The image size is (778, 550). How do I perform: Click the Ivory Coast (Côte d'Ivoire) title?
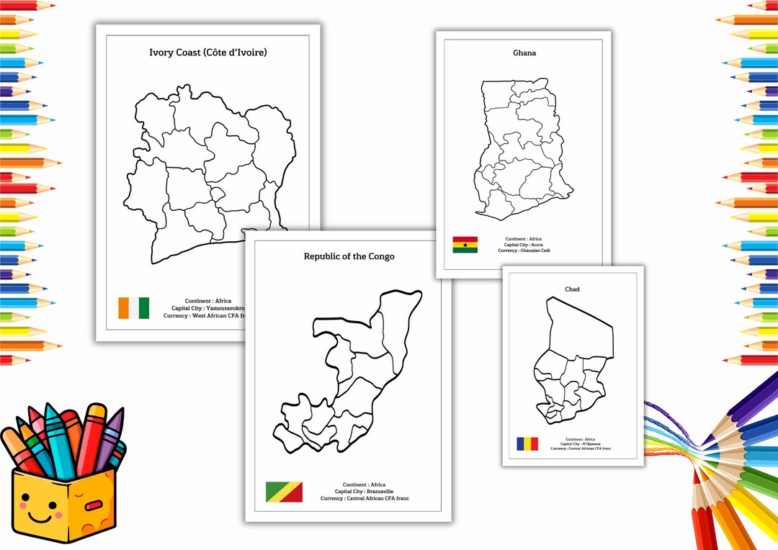207,53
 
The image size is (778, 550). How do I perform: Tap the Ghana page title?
524,53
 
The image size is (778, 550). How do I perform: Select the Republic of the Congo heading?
349,256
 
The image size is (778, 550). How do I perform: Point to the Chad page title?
572,289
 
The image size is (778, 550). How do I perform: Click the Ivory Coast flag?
134,308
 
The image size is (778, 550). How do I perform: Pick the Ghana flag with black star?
465,245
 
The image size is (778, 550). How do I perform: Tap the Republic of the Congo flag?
284,492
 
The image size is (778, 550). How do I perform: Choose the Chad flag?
527,443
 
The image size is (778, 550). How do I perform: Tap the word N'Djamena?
588,444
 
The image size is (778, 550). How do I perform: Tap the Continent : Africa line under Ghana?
524,239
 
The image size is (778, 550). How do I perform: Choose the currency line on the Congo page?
365,498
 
